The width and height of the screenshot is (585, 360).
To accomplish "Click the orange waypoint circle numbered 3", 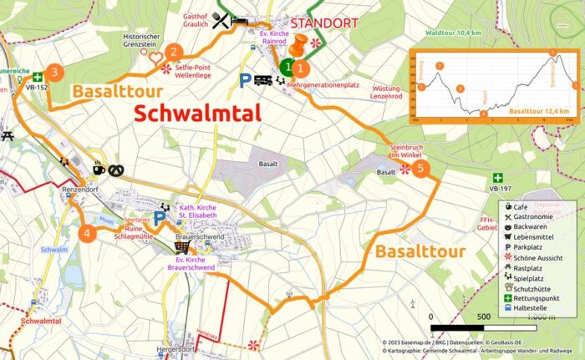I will (x=54, y=72).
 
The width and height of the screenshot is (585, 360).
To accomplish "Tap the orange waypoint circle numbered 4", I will (x=87, y=233).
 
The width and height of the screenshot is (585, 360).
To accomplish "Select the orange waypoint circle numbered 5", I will (x=422, y=170).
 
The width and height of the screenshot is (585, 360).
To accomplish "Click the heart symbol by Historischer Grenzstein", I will (x=155, y=58).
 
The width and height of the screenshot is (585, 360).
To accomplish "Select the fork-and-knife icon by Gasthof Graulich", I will (x=221, y=23).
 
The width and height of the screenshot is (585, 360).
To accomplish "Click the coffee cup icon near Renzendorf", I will (x=99, y=169).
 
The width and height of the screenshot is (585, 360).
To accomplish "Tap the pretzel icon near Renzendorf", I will (x=116, y=170).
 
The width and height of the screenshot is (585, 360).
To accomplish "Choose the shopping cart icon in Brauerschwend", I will (x=181, y=246).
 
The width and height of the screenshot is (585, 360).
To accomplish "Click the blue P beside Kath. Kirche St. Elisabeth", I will (x=160, y=219).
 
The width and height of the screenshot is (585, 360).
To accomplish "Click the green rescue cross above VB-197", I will (x=498, y=177).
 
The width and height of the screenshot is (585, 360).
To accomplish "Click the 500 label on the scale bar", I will (x=483, y=317).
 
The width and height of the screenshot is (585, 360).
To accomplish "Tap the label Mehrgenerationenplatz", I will (x=323, y=85).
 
